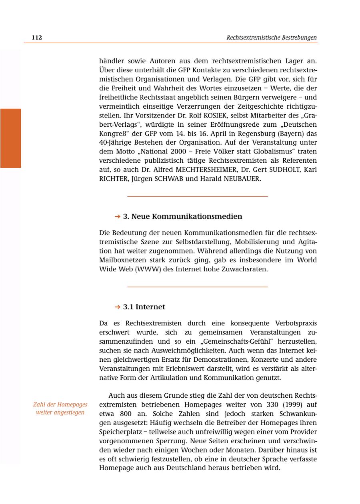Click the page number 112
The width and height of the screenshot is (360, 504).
37,38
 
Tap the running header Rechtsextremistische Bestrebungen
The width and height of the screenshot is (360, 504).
271,38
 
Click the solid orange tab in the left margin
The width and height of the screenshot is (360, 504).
10,138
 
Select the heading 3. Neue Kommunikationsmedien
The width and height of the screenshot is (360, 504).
182,217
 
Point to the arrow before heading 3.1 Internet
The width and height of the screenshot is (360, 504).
117,307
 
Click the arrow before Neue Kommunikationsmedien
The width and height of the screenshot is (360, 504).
117,217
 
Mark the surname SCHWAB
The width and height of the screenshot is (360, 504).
168,179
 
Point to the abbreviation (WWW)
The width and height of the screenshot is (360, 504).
148,269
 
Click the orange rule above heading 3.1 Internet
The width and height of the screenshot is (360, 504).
197,287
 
